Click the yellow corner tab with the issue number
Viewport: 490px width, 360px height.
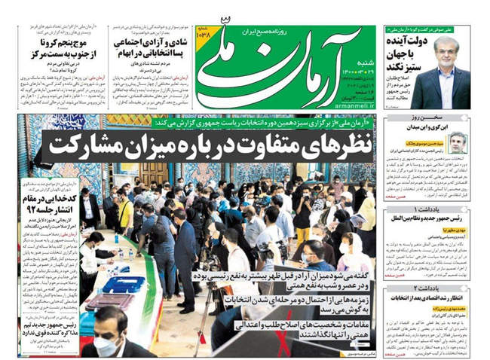tap(208, 35)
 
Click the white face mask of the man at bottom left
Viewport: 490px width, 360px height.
tap(107, 347)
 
